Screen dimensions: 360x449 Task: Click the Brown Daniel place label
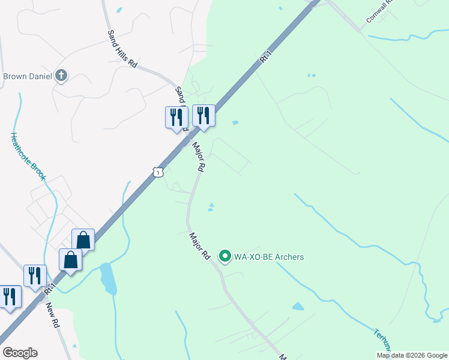point(28,76)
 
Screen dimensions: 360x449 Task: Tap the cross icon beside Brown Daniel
point(61,76)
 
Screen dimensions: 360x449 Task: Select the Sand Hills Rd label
point(122,48)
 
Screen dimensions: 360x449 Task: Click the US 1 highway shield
point(157,172)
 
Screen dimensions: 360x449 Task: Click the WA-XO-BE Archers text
point(270,257)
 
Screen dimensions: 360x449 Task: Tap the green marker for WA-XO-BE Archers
point(226,257)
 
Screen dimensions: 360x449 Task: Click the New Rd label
point(53,314)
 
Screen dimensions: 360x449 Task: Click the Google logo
point(20,353)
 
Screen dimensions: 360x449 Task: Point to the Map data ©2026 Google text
point(412,355)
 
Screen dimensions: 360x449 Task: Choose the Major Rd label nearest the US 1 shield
point(199,157)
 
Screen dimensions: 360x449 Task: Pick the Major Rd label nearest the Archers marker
point(199,247)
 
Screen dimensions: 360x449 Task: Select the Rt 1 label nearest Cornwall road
point(266,58)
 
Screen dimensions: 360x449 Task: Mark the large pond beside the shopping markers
point(109,278)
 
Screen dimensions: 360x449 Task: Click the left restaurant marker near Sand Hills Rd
point(176,116)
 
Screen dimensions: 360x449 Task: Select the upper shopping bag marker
point(83,239)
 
